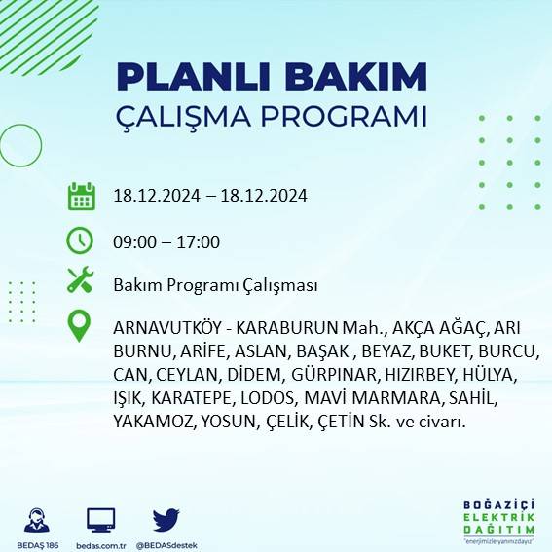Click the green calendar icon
pyautogui.click(x=81, y=196)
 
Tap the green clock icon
pyautogui.click(x=80, y=239)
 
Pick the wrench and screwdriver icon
pyautogui.click(x=80, y=281)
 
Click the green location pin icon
pyautogui.click(x=80, y=326)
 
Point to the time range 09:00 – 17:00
pyautogui.click(x=166, y=241)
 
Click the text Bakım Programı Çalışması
pyautogui.click(x=215, y=285)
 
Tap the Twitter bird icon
pyautogui.click(x=166, y=519)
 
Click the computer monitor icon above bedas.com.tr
pyautogui.click(x=101, y=519)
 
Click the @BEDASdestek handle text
pyautogui.click(x=167, y=544)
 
